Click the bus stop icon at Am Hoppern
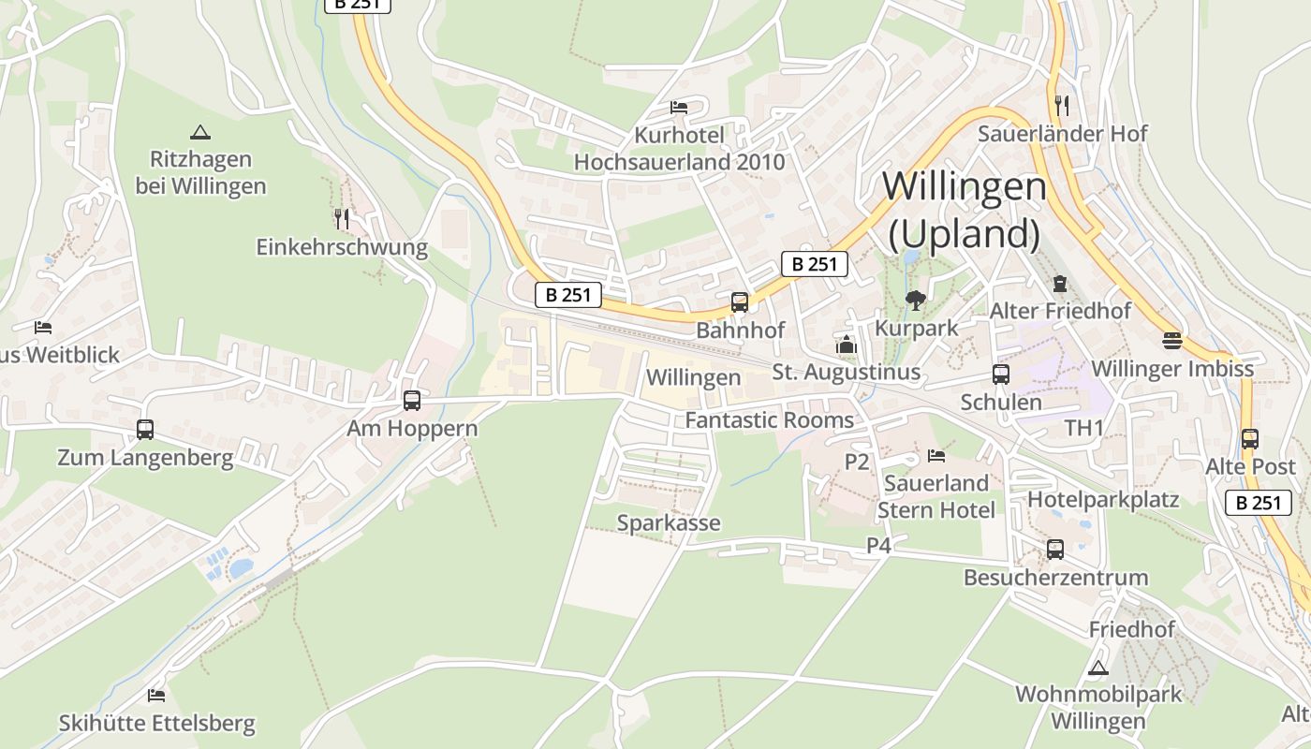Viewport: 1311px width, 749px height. point(411,401)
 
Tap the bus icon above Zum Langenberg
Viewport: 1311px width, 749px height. point(145,430)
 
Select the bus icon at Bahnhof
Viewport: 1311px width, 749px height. point(739,301)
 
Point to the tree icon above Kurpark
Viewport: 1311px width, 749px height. point(916,301)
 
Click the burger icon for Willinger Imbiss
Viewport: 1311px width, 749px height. point(1172,340)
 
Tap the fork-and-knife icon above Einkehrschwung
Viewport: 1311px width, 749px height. point(342,219)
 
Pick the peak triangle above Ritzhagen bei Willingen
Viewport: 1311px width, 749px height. point(199,133)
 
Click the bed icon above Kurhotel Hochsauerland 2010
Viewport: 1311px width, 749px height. point(679,108)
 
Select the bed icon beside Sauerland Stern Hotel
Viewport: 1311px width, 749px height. point(935,456)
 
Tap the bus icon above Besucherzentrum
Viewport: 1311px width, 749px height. point(1055,550)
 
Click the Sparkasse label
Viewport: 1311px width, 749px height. point(669,522)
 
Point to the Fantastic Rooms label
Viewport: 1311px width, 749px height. point(770,420)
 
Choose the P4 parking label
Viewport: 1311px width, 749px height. point(878,545)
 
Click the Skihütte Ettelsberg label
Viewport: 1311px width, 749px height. point(156,724)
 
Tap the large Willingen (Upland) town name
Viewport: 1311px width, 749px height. point(964,210)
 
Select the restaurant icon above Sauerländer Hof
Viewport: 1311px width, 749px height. point(1061,104)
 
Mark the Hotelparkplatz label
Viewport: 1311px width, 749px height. point(1103,499)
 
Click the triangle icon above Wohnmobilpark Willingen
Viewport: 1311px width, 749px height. point(1098,668)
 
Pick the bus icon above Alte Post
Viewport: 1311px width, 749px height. point(1249,438)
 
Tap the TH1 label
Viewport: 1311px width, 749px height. point(1084,428)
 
